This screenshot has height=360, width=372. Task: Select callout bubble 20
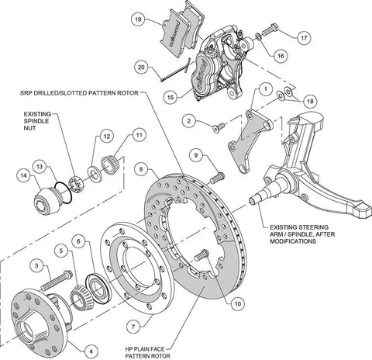point(139,67)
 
